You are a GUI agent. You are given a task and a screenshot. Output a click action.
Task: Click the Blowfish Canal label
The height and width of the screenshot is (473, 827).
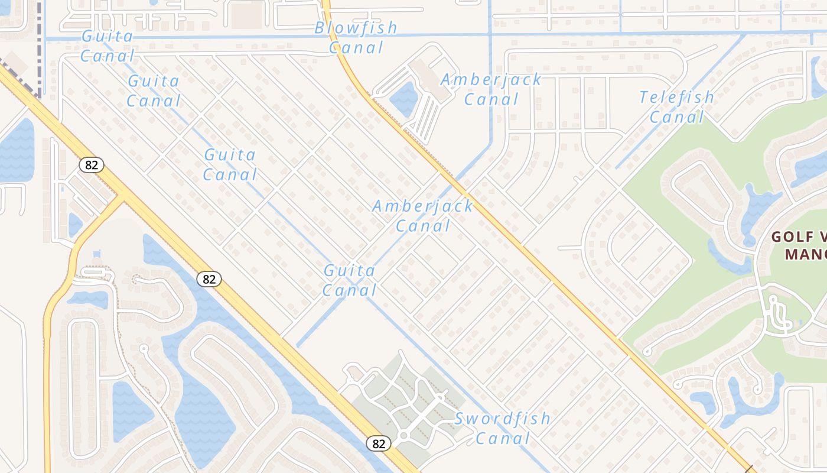tap(356, 37)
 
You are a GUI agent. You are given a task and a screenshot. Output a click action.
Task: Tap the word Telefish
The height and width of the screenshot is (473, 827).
tap(676, 97)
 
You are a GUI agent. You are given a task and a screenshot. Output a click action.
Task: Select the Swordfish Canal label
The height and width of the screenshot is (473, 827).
tap(503, 428)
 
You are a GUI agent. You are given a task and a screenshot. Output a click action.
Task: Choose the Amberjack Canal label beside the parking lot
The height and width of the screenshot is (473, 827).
tap(491, 89)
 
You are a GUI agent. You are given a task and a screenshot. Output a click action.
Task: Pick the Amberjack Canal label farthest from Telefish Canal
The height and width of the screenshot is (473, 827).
tap(422, 215)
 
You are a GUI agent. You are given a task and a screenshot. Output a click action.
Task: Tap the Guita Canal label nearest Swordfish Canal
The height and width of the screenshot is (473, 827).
tap(350, 280)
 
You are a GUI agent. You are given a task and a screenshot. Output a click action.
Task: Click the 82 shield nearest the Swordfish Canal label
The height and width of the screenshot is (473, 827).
tap(379, 443)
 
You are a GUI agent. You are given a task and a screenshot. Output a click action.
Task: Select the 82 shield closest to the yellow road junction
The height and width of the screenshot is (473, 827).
tap(91, 165)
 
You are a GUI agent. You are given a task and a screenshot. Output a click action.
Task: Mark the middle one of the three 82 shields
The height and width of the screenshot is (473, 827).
tap(209, 278)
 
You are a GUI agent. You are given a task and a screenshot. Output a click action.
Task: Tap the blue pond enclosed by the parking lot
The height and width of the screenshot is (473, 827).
tap(404, 98)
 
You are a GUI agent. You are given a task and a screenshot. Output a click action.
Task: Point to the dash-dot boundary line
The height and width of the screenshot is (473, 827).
tap(39, 47)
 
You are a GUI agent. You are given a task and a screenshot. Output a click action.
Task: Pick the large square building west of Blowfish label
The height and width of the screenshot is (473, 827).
tap(246, 15)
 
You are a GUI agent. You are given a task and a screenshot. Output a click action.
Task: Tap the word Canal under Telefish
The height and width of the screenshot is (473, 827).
tap(677, 117)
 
